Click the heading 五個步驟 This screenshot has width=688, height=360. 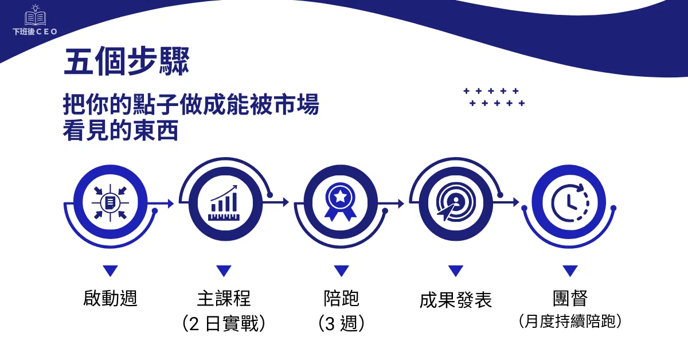pos(126,61)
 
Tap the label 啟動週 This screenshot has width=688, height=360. pos(110,298)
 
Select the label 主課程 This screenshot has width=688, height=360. pos(224,298)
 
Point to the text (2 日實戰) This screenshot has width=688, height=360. pos(224,323)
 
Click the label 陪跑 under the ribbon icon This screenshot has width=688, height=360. pos(341,298)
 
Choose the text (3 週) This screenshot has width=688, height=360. pos(341,323)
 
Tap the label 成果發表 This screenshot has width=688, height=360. pos(456,300)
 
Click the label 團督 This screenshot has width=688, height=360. pos(570,298)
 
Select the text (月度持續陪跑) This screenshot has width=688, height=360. pos(570,321)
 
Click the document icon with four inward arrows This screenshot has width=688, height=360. pos(110,203)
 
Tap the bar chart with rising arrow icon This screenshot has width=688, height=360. pos(224,203)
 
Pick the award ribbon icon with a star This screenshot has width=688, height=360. pos(341,202)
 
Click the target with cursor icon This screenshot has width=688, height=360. pos(456,202)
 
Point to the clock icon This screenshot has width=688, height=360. pos(570,203)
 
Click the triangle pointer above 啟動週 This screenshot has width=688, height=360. pos(111,271)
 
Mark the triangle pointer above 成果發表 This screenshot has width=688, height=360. pos(456,271)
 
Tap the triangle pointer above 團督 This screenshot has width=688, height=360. pos(570,271)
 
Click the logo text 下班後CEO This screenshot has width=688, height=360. pos(35,32)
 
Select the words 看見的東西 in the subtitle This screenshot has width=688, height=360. pos(120,131)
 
